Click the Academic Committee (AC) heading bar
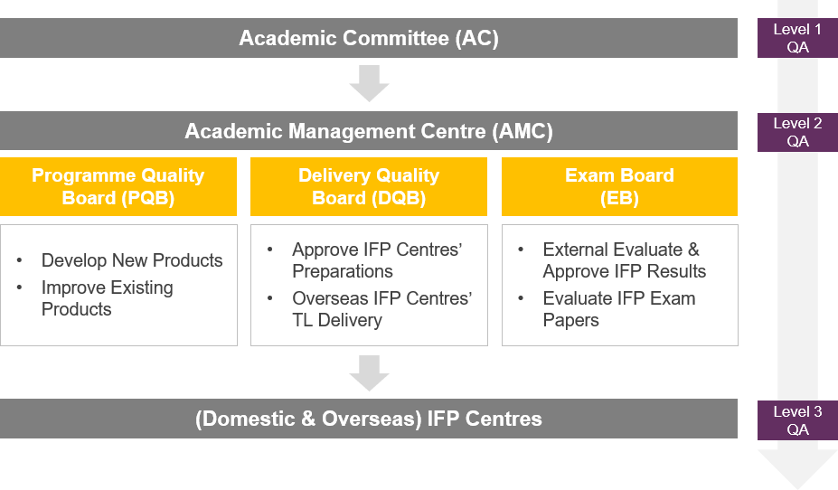[369, 38]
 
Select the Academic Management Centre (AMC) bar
[369, 131]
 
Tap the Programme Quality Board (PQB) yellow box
[118, 186]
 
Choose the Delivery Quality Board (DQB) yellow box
[369, 186]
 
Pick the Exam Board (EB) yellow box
[620, 186]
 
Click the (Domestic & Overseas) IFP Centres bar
[369, 419]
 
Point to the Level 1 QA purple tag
[797, 38]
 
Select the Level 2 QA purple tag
[797, 131]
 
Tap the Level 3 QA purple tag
[797, 419]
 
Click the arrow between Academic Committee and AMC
[369, 84]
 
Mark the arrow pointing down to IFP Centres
[369, 372]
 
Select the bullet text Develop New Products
[132, 260]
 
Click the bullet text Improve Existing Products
[107, 298]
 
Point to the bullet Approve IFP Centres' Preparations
[376, 260]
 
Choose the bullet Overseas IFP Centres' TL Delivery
[381, 309]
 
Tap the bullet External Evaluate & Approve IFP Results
[624, 260]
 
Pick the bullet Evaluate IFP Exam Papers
[619, 309]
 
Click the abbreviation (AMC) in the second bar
[523, 131]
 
